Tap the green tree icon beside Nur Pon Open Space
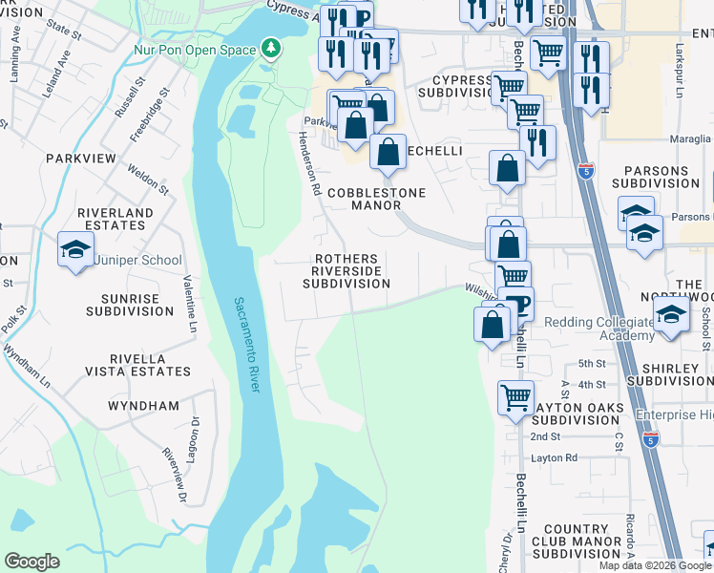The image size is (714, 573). pos(271,48)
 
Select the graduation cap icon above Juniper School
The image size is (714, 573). pos(75,250)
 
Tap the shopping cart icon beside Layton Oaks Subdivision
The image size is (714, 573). pos(515,395)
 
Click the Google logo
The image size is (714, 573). pos(31,562)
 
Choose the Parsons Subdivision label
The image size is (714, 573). pos(663,177)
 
